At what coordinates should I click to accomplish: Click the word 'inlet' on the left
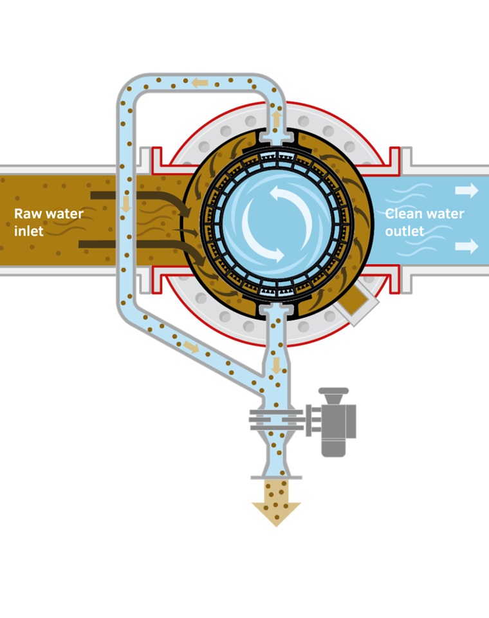pos(28,230)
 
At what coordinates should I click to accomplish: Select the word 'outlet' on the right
pos(405,230)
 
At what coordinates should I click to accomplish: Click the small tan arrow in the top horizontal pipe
pos(200,82)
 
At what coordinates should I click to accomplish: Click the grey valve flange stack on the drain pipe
pos(276,422)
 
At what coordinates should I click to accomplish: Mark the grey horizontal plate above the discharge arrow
pos(276,476)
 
